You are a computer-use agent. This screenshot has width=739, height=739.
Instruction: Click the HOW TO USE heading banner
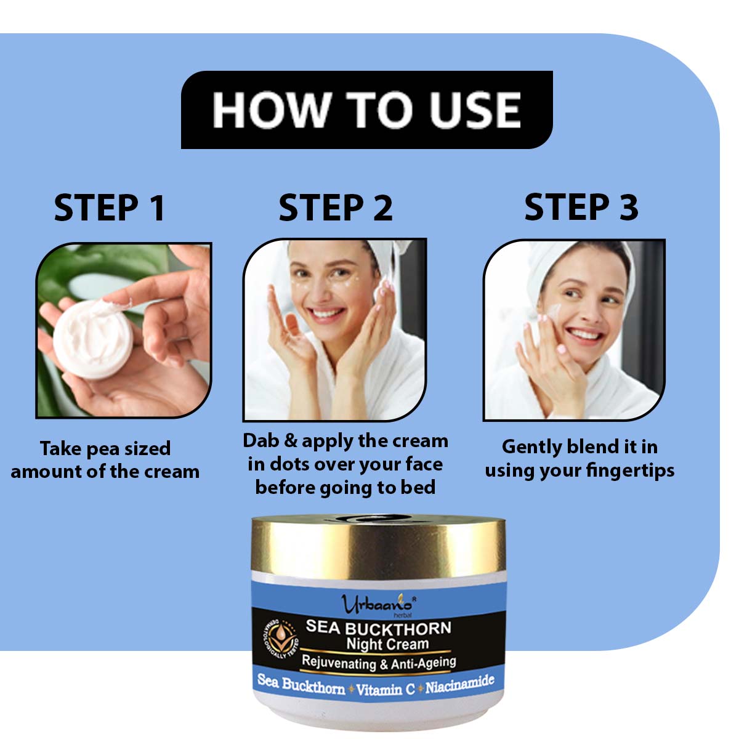pyautogui.click(x=366, y=110)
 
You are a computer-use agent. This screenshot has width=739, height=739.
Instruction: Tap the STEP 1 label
pyautogui.click(x=110, y=208)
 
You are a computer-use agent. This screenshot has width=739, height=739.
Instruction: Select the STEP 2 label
pyautogui.click(x=336, y=208)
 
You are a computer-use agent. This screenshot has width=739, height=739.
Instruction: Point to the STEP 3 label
pyautogui.click(x=581, y=207)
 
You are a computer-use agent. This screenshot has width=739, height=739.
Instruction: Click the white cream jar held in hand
pyautogui.click(x=93, y=339)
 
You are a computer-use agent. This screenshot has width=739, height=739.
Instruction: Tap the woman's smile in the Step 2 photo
pyautogui.click(x=326, y=314)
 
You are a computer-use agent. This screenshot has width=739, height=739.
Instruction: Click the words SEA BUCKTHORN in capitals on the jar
pyautogui.click(x=379, y=628)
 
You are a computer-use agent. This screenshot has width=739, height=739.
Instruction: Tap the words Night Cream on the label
pyautogui.click(x=387, y=644)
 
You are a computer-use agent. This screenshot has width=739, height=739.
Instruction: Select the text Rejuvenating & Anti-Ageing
pyautogui.click(x=379, y=663)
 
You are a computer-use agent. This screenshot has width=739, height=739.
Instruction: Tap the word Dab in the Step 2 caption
pyautogui.click(x=261, y=441)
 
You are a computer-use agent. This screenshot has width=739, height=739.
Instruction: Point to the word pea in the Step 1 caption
pyautogui.click(x=101, y=450)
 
